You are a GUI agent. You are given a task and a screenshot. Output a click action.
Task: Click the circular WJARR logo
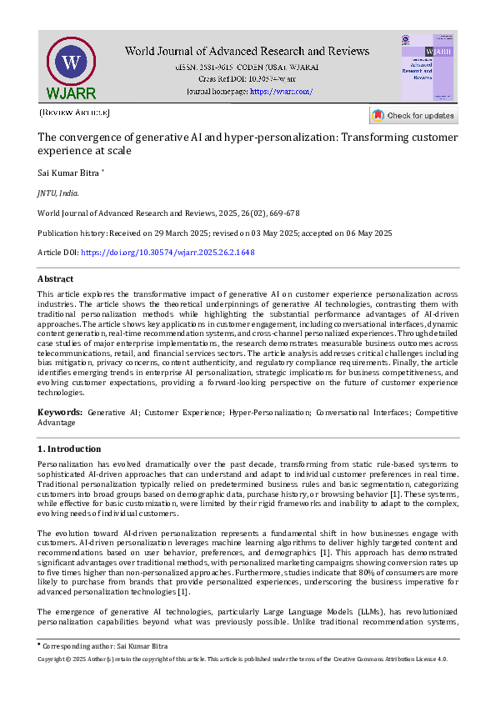[71, 63]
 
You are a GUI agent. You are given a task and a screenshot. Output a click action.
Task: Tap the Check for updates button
[413, 115]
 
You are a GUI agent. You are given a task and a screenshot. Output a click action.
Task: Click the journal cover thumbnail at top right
[428, 67]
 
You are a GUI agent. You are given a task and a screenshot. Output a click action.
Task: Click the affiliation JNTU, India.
[58, 193]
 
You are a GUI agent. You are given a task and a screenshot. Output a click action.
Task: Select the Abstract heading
[55, 278]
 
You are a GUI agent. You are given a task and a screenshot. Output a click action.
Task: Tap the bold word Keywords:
[60, 413]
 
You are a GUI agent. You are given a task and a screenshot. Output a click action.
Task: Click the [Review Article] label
[74, 112]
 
